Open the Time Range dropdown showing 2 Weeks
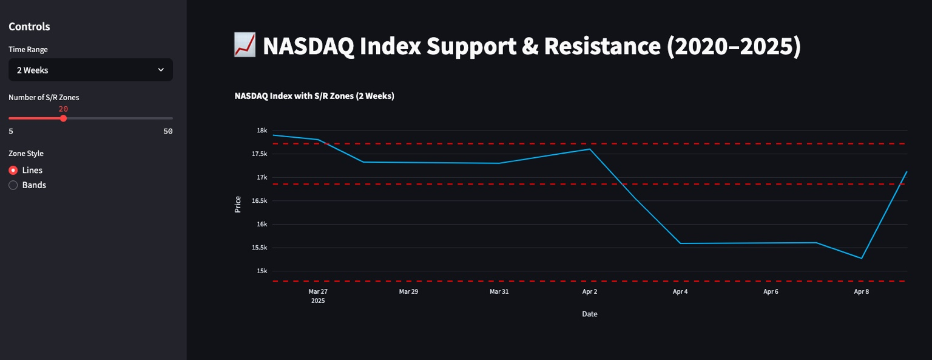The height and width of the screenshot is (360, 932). click(x=90, y=70)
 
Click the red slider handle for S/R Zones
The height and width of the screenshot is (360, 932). click(x=63, y=118)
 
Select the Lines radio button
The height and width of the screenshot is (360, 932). click(x=13, y=171)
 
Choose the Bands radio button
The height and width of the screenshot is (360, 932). click(x=13, y=185)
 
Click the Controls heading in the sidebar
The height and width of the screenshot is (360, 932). click(x=29, y=27)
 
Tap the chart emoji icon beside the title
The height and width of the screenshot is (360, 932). click(x=244, y=46)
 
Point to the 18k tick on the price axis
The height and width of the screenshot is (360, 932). click(x=262, y=131)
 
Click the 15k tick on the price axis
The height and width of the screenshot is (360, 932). click(x=262, y=271)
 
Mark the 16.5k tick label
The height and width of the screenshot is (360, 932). click(x=260, y=201)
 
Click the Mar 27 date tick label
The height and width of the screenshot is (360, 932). click(x=318, y=291)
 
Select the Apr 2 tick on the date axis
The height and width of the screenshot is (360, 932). click(x=590, y=291)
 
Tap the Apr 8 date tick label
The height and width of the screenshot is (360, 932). click(x=861, y=291)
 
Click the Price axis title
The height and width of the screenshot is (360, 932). click(x=238, y=204)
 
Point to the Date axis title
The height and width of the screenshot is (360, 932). click(x=589, y=314)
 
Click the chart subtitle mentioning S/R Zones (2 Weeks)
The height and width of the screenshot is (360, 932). click(x=314, y=96)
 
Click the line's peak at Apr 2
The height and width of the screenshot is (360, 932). click(x=590, y=149)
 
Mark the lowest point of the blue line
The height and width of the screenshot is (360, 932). click(x=861, y=259)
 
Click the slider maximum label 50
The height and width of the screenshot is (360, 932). click(x=168, y=131)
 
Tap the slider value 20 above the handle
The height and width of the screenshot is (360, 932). click(x=63, y=109)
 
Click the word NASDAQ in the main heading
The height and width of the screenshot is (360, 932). click(x=308, y=46)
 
